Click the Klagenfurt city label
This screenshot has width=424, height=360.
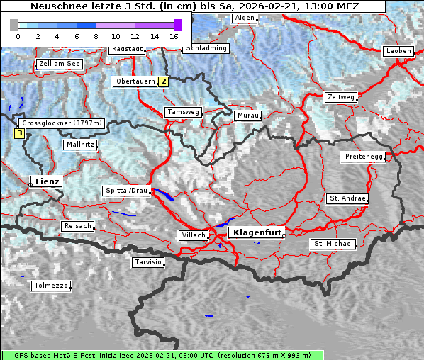click(258, 232)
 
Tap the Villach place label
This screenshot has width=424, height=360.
click(194, 235)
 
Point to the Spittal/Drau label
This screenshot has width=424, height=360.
click(126, 191)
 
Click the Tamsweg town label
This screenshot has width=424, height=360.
click(184, 112)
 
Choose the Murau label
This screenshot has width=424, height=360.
click(248, 115)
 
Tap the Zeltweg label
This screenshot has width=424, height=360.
click(341, 96)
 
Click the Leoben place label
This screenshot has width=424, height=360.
click(397, 51)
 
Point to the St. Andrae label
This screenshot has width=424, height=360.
click(347, 198)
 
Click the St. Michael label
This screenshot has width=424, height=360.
click(333, 244)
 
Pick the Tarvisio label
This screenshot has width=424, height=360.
click(148, 262)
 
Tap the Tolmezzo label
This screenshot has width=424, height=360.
click(51, 286)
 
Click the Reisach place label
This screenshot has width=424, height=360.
click(78, 226)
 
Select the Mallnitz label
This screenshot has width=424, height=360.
click(80, 145)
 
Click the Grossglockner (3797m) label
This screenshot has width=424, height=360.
click(62, 123)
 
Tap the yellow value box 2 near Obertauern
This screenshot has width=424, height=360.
click(164, 81)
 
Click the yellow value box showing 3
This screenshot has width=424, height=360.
click(19, 133)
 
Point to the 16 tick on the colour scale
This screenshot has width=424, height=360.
click(174, 36)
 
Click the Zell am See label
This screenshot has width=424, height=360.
click(60, 64)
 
